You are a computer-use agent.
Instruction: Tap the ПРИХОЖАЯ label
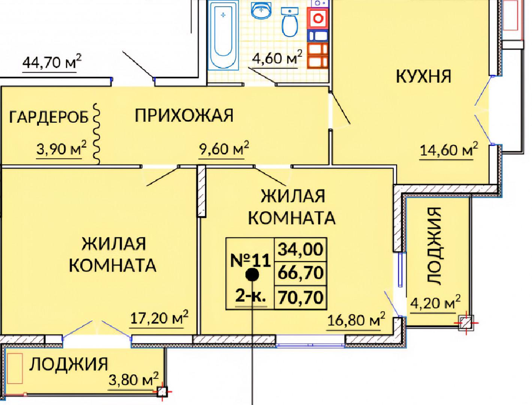coord(184,115)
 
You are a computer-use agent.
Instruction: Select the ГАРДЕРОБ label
coord(48,117)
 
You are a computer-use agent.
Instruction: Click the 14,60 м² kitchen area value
coord(449,149)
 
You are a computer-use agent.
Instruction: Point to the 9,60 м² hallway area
coord(224,148)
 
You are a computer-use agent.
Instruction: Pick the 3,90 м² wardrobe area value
coord(62,149)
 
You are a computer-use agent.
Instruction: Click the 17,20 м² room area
coord(159,318)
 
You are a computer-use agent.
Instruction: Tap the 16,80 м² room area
coord(356,320)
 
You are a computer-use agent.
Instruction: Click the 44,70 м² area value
coord(52,62)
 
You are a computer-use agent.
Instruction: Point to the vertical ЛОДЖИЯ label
coord(434,246)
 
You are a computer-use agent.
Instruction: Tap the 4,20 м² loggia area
coord(435,302)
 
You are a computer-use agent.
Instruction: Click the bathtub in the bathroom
coord(223,35)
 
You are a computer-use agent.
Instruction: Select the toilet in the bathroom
coord(290,22)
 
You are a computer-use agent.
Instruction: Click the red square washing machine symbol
coord(318,18)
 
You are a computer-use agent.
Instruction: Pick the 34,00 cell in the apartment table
coord(300,250)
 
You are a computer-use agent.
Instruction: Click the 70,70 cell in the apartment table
coord(300,297)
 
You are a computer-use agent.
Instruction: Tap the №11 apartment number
coord(250,260)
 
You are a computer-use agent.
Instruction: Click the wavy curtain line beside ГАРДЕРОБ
coord(97,134)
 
